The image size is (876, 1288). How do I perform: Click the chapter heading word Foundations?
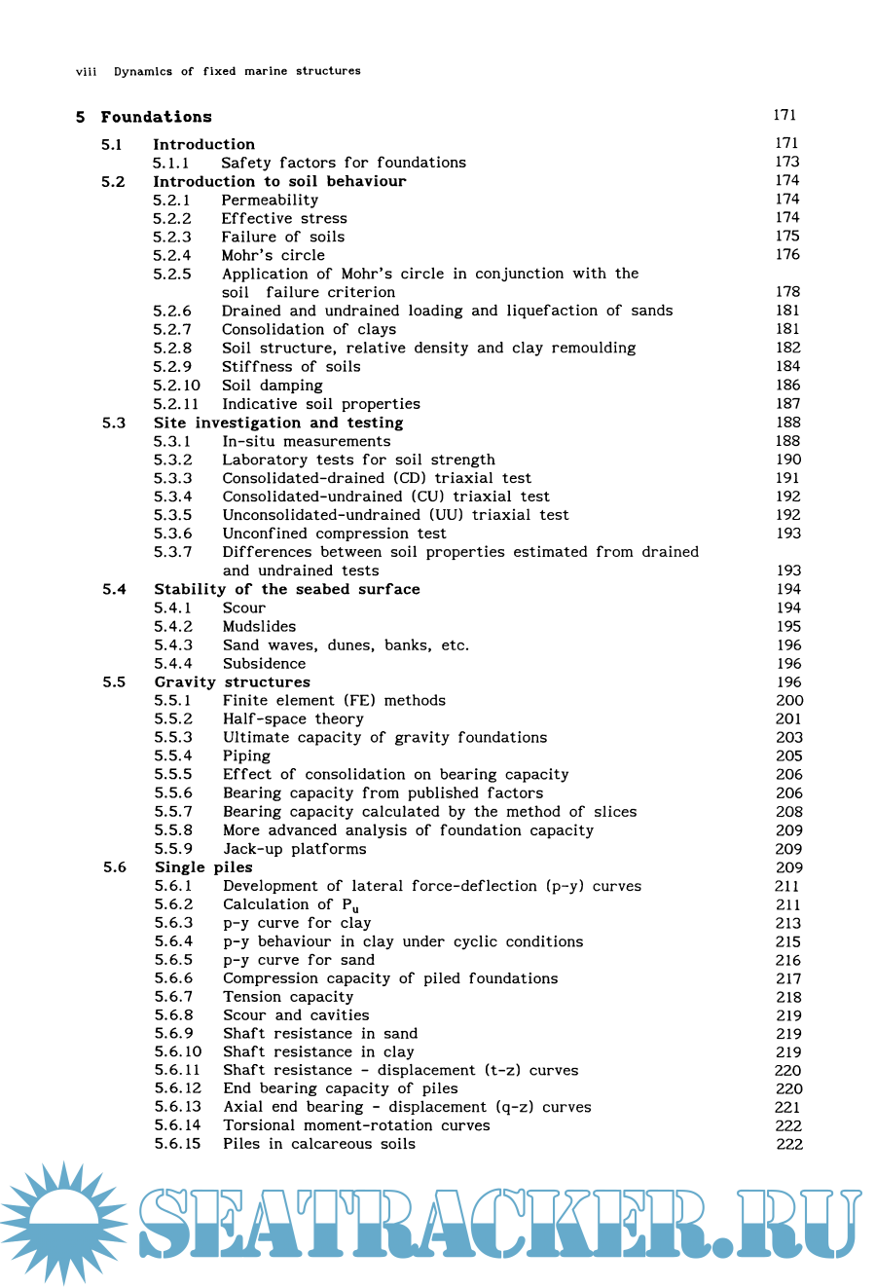click(x=156, y=117)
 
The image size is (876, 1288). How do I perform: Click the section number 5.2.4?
click(x=171, y=255)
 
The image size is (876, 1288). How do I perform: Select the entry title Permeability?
click(x=270, y=200)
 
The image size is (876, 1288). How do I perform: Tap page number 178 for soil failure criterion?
click(x=787, y=292)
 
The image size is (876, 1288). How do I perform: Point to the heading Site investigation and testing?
click(x=278, y=423)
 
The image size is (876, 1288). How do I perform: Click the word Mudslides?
click(x=259, y=627)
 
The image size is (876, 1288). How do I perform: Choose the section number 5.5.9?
click(x=173, y=849)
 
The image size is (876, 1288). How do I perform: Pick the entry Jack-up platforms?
click(x=294, y=849)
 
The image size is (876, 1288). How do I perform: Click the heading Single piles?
click(x=203, y=867)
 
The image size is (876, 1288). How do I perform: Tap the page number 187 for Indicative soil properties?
click(x=787, y=404)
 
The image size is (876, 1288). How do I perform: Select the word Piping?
click(x=246, y=756)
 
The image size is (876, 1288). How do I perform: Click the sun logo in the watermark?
click(x=64, y=1222)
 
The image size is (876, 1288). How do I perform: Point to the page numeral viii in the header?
click(x=86, y=71)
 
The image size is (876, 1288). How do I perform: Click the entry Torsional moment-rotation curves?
click(x=356, y=1125)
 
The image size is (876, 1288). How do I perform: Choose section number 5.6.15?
click(x=177, y=1144)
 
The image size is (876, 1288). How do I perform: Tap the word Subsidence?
click(x=264, y=664)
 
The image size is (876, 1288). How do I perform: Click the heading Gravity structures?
click(x=232, y=682)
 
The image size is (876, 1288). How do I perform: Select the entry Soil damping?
click(x=272, y=386)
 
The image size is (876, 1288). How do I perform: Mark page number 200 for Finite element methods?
click(x=789, y=701)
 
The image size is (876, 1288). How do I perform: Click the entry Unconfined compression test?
click(x=334, y=534)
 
